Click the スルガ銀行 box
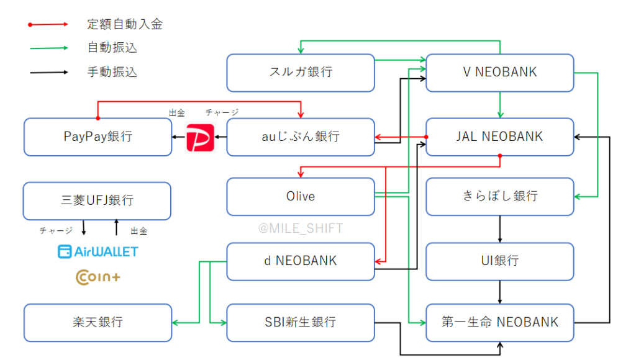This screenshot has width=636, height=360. pos(301,73)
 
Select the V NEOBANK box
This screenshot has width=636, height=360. pos(499,73)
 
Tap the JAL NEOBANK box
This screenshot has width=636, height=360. pos(499,137)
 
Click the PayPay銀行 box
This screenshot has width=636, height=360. pos(98,137)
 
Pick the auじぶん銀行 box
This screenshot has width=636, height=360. pos(301,137)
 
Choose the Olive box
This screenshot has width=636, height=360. pos(301,196)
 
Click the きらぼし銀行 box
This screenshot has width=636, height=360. pos(499,196)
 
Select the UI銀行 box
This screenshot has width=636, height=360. pos(499,261)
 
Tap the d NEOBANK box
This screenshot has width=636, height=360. pos(301,261)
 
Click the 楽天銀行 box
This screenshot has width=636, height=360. pos(98,322)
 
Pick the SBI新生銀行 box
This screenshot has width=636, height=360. pos(301,322)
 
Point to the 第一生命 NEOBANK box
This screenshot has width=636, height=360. pos(499,322)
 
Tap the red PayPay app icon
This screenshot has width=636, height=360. pos(201,137)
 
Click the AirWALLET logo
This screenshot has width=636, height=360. pos(98,251)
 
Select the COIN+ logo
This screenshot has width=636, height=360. pos(98,277)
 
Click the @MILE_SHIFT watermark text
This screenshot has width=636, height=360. pos(301,228)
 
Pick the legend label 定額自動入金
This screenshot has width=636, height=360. pos(125,25)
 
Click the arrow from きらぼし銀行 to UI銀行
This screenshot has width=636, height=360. pos(500,228)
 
